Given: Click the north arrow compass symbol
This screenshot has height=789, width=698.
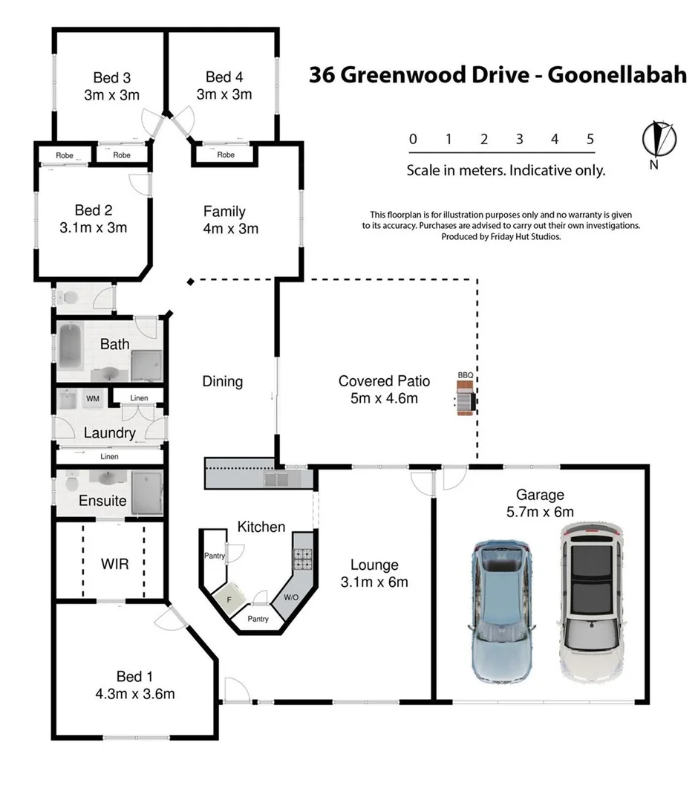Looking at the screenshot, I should point(658,139).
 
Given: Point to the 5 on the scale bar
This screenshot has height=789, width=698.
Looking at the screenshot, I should point(590,139).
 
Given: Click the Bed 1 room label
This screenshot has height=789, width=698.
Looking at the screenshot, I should point(134,676).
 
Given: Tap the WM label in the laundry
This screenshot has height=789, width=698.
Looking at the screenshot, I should point(93,399).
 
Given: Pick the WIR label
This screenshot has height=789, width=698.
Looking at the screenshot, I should point(114,565).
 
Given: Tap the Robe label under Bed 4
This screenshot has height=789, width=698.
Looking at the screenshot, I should point(226,155).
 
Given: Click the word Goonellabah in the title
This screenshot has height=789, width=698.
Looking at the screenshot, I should point(616,75).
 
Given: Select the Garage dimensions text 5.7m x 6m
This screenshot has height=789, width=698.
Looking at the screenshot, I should point(540,511).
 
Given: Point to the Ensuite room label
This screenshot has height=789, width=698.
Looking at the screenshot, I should point(102,500).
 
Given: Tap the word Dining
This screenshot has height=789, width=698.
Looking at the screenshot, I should point(222,381).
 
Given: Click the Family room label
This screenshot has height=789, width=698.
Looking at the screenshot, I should point(224,212).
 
